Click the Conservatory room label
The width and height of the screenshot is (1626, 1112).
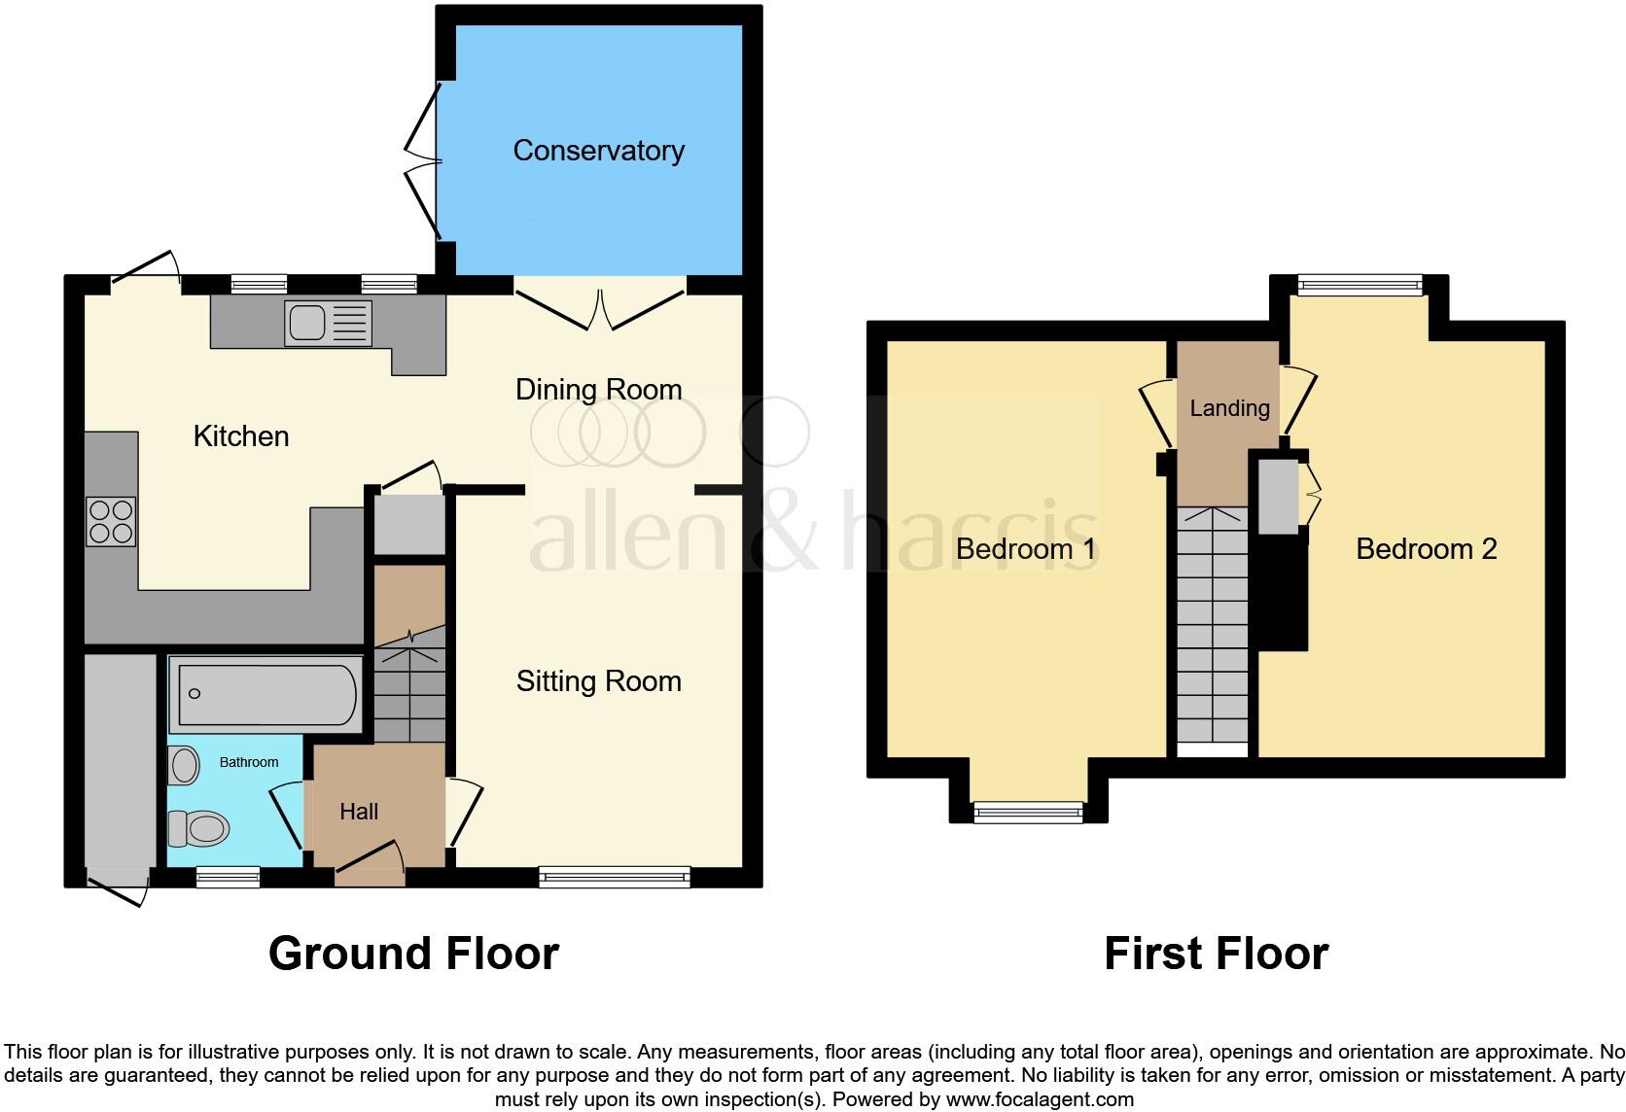click(x=598, y=151)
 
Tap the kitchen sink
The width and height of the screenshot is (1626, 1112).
click(x=328, y=323)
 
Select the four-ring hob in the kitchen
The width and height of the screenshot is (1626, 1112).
click(x=110, y=521)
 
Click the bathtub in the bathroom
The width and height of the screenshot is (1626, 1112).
click(x=265, y=694)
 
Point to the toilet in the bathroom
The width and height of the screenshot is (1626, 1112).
click(x=199, y=829)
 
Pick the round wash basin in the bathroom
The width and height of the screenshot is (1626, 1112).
click(x=184, y=766)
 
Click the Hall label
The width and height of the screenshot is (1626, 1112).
click(x=359, y=812)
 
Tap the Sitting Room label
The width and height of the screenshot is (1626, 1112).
click(x=598, y=681)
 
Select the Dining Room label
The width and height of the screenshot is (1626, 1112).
click(x=598, y=390)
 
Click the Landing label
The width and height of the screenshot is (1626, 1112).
click(x=1229, y=408)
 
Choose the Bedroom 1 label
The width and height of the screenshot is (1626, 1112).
click(x=1025, y=549)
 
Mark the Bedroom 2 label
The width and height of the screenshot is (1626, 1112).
click(x=1426, y=549)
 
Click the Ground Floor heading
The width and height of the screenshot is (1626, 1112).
click(x=413, y=954)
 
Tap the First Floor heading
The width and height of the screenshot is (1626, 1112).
click(x=1216, y=954)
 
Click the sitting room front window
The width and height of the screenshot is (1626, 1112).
click(x=615, y=878)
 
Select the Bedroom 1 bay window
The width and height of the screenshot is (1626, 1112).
click(x=1029, y=812)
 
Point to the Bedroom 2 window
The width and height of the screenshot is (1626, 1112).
click(x=1360, y=285)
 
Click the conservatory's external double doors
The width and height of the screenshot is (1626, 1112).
click(x=423, y=160)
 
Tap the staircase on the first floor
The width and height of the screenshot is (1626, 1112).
click(x=1213, y=627)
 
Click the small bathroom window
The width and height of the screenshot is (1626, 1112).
click(x=228, y=878)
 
